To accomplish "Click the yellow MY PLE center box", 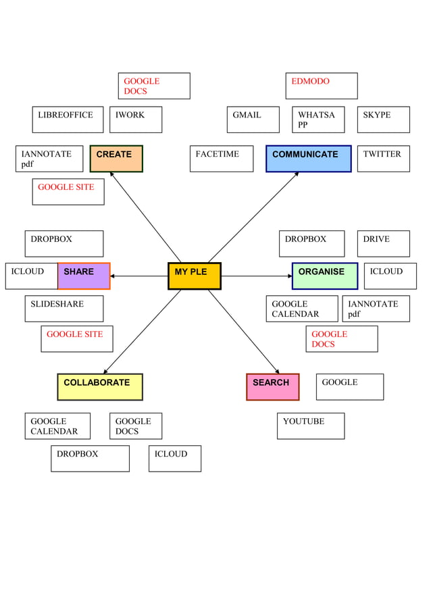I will pos(195,276).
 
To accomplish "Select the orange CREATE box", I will pos(116,159).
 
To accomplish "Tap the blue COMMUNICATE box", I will pos(308,159).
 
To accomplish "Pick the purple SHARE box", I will pos(84,276).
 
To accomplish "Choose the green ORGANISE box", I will pos(324,276).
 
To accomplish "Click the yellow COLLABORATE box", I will pos(100,386).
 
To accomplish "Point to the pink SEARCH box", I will pos(272,386).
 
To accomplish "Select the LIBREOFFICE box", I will pos(68,120).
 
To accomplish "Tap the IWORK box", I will pos(136,120).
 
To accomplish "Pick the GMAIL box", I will pos(253,120).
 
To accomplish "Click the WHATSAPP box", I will pos(318,120).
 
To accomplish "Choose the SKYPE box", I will pos(383,120).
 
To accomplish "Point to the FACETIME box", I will pos(222,159).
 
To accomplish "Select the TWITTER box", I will pos(383,159).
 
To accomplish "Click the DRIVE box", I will pos(383,243).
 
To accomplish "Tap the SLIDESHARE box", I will pos(64,308).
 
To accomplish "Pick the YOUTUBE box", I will pos(311,426).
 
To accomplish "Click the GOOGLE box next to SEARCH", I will pos(349,386).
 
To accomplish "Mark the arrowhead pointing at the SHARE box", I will pos(112,276).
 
